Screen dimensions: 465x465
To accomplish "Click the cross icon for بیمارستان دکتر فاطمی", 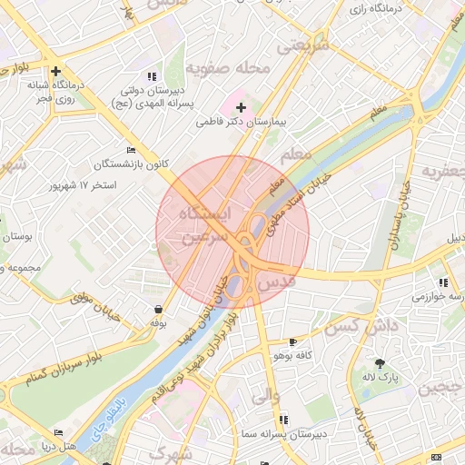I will coord(241,107).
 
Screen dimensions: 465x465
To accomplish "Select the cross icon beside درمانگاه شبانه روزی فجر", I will coord(56,71).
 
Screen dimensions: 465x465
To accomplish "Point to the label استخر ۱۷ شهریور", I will coord(83,185).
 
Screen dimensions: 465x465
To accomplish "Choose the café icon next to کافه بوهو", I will coord(292,342).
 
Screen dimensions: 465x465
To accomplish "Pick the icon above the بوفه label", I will coord(160,309).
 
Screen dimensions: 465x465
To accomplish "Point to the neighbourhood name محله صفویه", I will coord(228,68).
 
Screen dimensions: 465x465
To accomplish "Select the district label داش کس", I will coord(362,325).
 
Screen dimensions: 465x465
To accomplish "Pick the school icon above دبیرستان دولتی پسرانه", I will coord(152,77).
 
